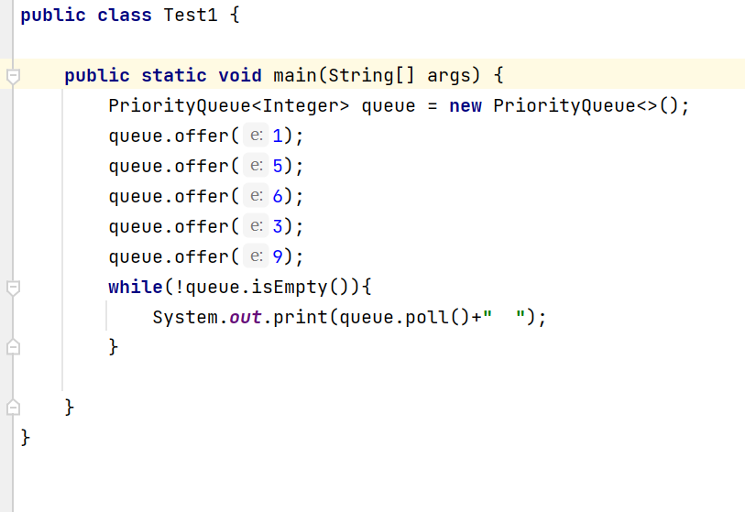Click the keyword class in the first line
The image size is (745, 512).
pos(125,16)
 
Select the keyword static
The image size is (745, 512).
pos(174,75)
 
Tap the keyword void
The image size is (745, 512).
pos(240,75)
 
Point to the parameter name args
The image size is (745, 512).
pos(449,75)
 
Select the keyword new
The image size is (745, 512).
pos(466,105)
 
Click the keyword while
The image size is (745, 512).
pos(136,287)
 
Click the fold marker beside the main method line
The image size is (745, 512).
pos(12,76)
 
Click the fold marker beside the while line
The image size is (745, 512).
pos(12,288)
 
